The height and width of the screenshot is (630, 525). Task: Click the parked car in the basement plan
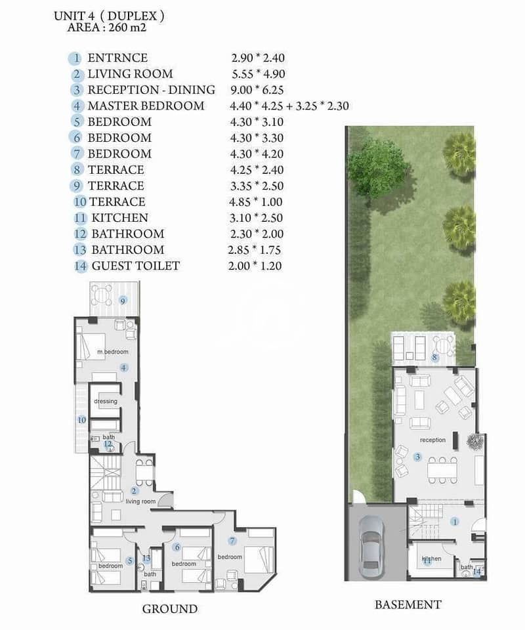click(369, 547)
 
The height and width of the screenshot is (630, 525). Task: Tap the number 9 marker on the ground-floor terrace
click(123, 301)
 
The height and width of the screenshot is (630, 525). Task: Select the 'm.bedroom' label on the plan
click(113, 352)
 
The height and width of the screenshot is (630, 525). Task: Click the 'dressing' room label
click(106, 401)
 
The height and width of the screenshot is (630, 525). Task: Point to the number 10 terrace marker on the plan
click(82, 420)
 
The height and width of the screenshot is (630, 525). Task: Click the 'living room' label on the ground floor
click(140, 501)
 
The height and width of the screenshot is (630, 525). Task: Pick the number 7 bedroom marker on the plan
click(232, 541)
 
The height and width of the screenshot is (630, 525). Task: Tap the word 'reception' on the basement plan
click(432, 440)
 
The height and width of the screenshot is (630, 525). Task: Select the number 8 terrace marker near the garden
click(434, 357)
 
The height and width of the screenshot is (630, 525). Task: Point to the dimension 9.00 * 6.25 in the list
click(257, 90)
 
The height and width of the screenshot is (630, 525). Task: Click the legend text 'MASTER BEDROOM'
click(146, 106)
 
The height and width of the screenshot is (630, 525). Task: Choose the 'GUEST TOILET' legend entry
click(136, 266)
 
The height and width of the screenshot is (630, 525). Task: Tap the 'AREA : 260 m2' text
click(107, 28)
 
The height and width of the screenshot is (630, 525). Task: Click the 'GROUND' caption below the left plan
click(170, 609)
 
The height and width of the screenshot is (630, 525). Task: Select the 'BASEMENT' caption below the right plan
click(408, 604)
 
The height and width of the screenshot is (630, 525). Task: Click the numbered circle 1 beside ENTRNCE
click(75, 58)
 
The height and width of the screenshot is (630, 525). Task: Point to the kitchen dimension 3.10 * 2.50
click(257, 218)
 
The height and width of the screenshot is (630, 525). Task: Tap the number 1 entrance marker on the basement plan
click(455, 522)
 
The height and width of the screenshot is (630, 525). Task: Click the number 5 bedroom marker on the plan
click(129, 561)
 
